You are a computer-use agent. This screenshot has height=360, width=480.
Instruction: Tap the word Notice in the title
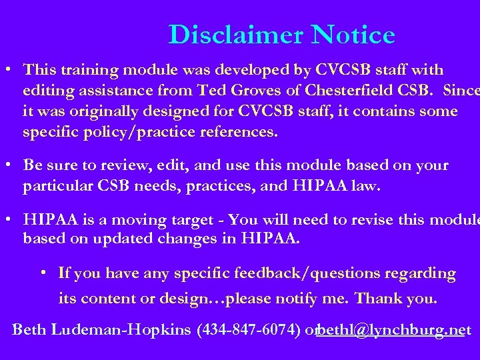click(x=353, y=35)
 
